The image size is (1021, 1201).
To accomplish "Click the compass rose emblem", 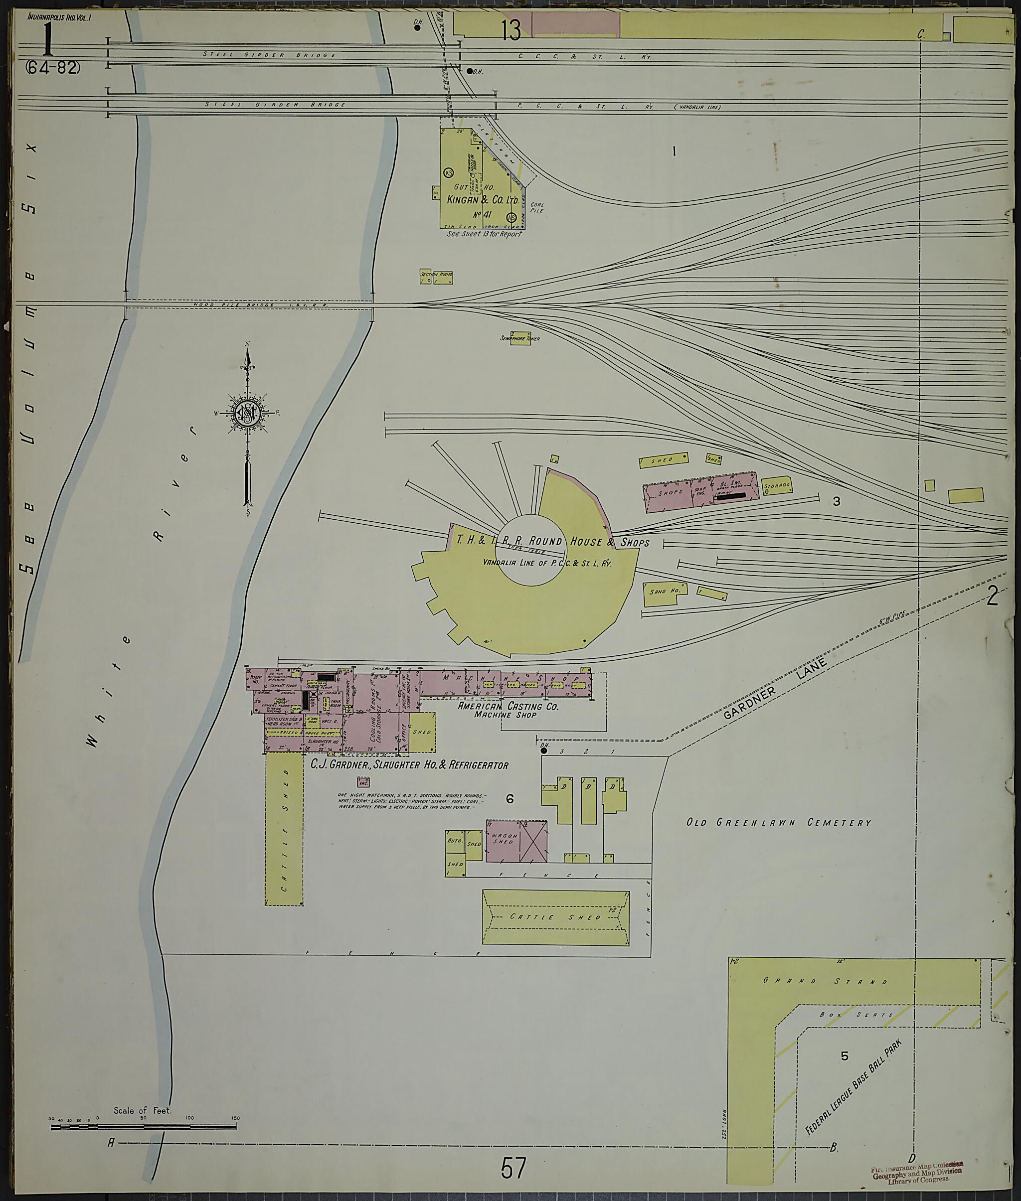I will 247,413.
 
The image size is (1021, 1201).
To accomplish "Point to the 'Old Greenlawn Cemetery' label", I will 779,822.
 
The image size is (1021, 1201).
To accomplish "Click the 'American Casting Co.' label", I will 508,706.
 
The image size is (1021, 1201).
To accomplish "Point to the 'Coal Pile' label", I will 536,207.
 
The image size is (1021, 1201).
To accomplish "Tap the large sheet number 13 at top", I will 511,30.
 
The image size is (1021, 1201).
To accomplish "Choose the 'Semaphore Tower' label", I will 520,338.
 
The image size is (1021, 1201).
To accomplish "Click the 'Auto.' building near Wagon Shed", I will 454,842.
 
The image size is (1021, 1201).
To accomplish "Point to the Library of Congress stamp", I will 917,1175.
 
